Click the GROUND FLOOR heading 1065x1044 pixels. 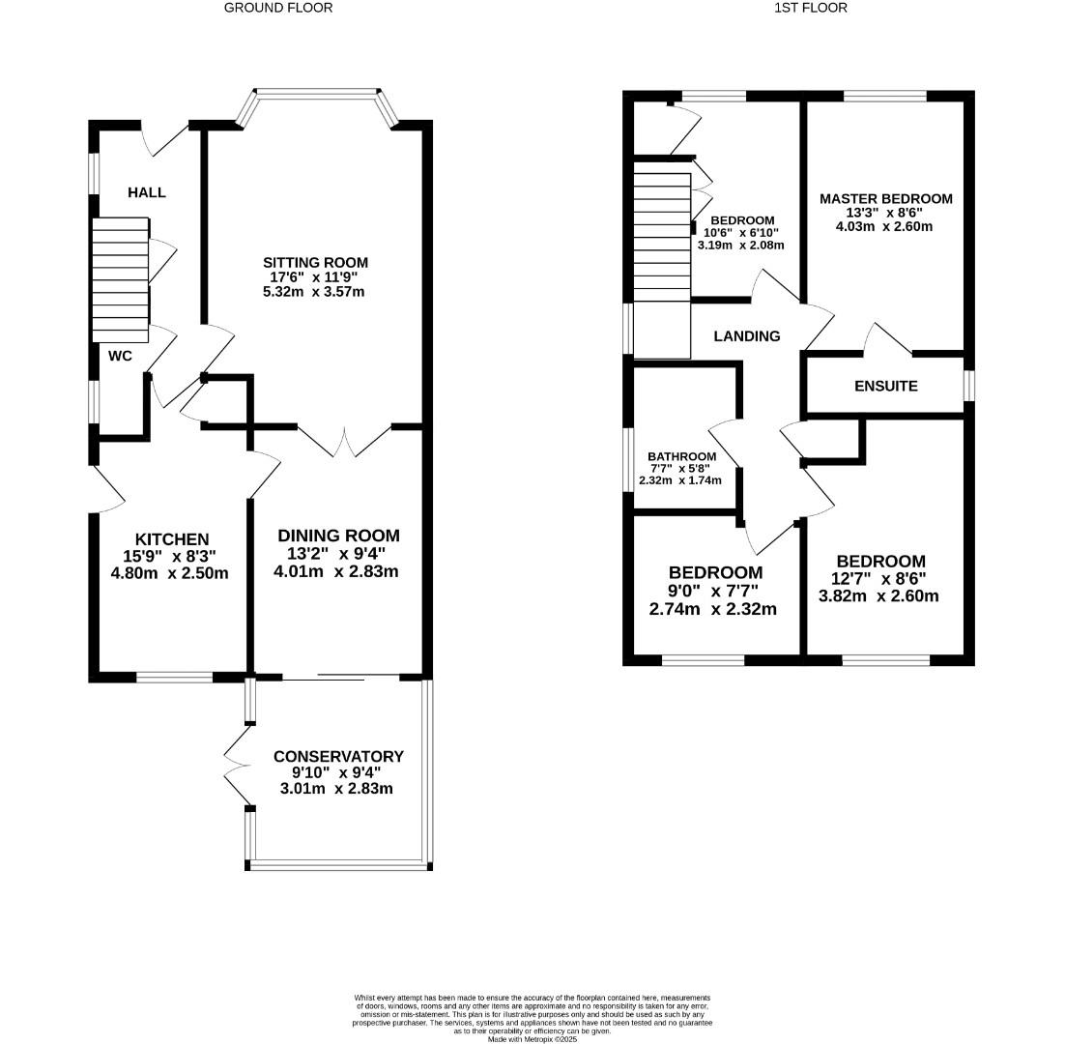[278, 8]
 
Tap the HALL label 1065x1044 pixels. [147, 192]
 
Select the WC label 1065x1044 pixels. [120, 356]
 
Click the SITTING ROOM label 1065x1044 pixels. [316, 262]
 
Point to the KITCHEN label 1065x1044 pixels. [172, 538]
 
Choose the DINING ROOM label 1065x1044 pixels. [338, 536]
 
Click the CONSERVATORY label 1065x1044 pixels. [338, 756]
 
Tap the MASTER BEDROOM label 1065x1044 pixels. [885, 198]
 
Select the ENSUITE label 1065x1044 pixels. [885, 386]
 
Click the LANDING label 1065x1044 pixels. [747, 336]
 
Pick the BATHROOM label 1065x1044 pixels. [682, 456]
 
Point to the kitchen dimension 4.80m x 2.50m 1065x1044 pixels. [170, 572]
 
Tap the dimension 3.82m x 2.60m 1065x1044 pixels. [878, 595]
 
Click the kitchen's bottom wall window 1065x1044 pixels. [174, 678]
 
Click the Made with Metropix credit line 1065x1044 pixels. [532, 1039]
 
